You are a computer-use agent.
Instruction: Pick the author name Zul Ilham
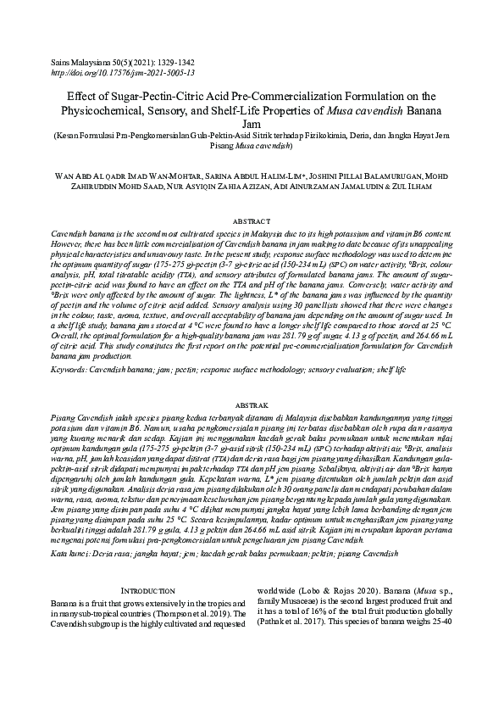point(433,190)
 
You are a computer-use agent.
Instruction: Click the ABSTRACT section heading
point(252,220)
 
